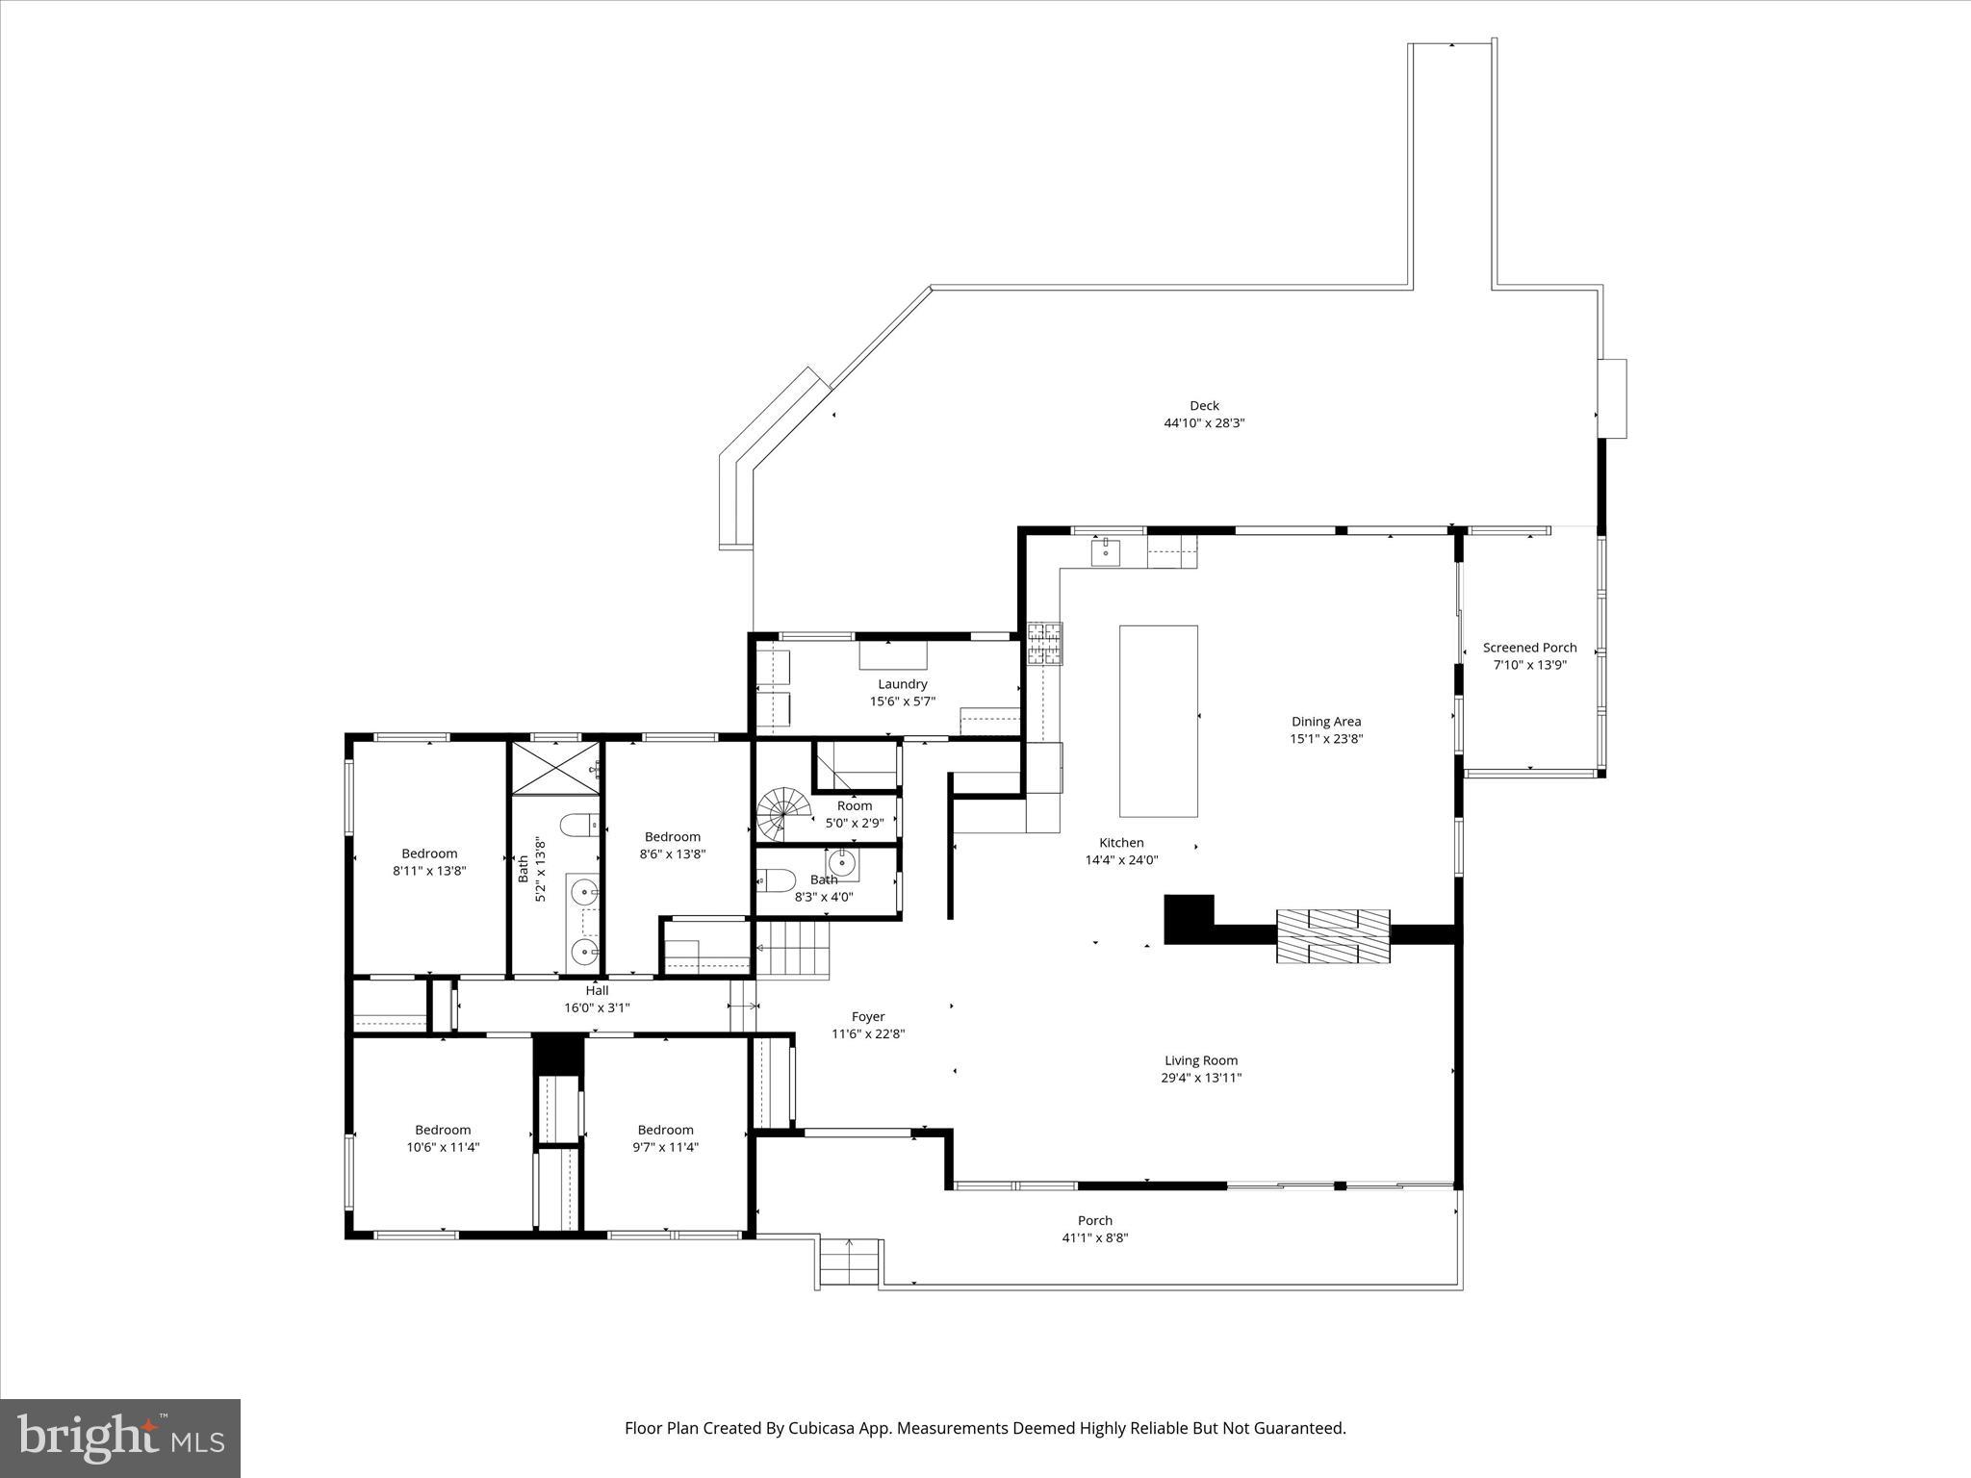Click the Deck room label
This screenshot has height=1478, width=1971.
[x=1204, y=405]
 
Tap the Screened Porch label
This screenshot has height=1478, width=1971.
[x=1529, y=648]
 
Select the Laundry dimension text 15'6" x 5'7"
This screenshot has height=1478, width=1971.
[x=902, y=701]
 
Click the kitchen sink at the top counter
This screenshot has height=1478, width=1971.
[x=1106, y=551]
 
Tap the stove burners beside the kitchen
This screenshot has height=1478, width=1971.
[x=1045, y=644]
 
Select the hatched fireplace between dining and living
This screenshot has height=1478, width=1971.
[x=1333, y=935]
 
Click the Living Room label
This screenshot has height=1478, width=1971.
[x=1200, y=1060]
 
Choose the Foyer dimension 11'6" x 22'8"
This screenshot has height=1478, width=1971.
[x=868, y=1033]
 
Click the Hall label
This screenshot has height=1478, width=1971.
[x=597, y=990]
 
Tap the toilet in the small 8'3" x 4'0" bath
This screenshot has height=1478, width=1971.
[x=776, y=879]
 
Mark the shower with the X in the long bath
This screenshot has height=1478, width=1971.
[x=555, y=767]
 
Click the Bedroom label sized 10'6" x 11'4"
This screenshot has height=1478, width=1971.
[x=443, y=1130]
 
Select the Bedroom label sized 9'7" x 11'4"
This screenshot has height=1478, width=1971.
[x=665, y=1130]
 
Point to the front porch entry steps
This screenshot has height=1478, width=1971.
[x=849, y=1261]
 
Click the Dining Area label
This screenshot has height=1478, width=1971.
[x=1325, y=721]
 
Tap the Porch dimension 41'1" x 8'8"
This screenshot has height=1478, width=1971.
[x=1094, y=1237]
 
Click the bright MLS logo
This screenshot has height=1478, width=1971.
[x=120, y=1438]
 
